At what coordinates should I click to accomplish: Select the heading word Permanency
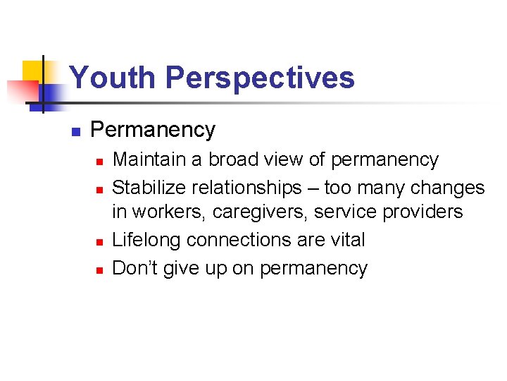pos(153,130)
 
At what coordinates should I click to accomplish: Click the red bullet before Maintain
pos(99,162)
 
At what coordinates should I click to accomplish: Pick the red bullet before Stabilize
pos(99,189)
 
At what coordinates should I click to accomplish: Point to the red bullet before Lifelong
pos(99,242)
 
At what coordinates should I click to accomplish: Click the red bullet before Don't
pos(99,270)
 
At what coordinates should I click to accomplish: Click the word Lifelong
pos(148,240)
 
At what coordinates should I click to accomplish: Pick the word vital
pos(348,240)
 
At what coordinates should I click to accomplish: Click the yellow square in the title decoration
pos(32,71)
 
